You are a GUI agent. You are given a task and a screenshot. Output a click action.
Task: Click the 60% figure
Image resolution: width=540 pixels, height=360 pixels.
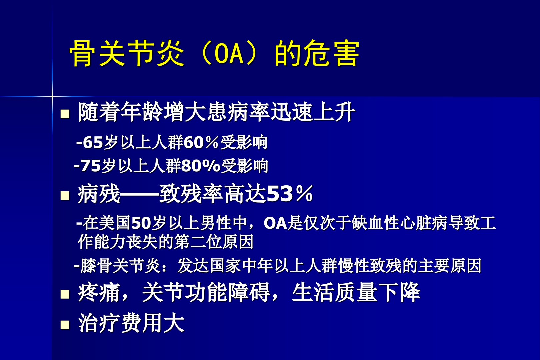(x=201, y=142)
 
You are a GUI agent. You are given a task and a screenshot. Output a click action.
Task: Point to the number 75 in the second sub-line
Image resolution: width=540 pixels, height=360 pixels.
(x=90, y=166)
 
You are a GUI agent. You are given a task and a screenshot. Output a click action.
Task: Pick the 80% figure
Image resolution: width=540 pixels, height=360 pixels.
(x=201, y=166)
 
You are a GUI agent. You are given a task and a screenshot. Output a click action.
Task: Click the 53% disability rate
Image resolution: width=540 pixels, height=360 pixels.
(x=290, y=194)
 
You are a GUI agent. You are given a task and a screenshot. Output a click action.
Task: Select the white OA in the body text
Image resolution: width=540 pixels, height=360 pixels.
(x=275, y=223)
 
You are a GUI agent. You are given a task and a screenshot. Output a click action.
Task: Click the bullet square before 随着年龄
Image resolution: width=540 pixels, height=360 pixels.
(x=65, y=114)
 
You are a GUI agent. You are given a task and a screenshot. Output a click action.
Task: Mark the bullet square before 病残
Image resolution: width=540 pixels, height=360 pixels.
(x=65, y=196)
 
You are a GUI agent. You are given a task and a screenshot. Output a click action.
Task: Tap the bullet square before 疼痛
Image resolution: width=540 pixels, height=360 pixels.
(x=65, y=294)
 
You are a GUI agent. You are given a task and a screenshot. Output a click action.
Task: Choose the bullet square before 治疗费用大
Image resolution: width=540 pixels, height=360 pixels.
(x=65, y=325)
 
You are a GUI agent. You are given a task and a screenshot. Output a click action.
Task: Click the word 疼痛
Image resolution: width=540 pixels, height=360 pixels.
(x=99, y=292)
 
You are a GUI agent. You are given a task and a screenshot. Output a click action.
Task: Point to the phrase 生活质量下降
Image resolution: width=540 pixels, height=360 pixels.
(x=356, y=292)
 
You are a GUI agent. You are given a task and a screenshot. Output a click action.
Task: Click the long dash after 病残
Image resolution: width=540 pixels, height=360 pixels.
(x=140, y=194)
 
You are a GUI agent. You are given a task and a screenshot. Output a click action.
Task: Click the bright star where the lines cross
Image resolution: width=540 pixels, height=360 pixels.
(x=52, y=97)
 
